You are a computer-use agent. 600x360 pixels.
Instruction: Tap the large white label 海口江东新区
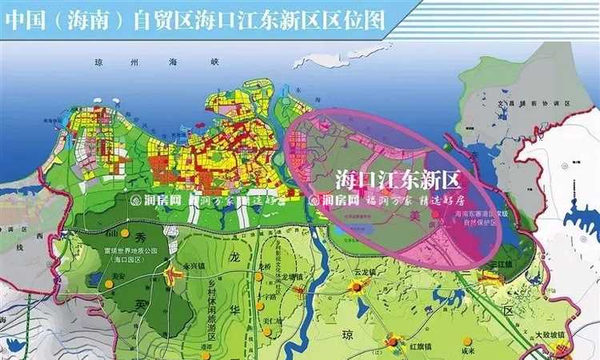click(398, 178)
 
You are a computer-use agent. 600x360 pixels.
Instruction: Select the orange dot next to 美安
click(107, 284)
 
